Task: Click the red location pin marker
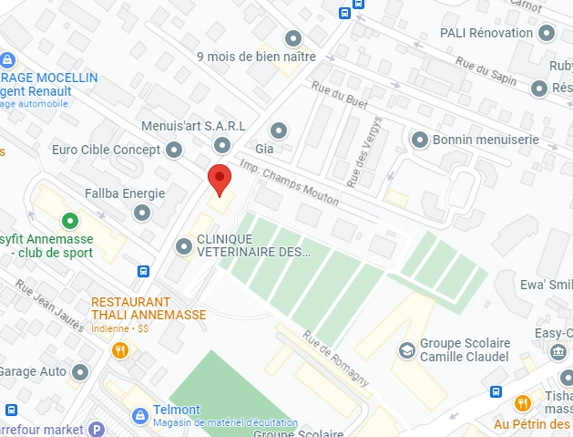click(x=218, y=180)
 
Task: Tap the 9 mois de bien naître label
click(x=256, y=56)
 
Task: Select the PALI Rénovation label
click(x=486, y=33)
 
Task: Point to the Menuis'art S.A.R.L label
click(x=193, y=126)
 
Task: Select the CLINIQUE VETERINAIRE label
click(x=248, y=245)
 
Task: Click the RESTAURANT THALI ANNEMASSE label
click(x=148, y=308)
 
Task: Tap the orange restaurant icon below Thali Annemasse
click(x=119, y=350)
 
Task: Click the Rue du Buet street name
click(x=338, y=100)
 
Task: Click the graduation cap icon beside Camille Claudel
click(x=405, y=350)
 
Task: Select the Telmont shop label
click(x=177, y=411)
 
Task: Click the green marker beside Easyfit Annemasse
click(x=68, y=221)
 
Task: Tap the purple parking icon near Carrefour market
click(x=97, y=430)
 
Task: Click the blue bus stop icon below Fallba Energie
click(x=144, y=271)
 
